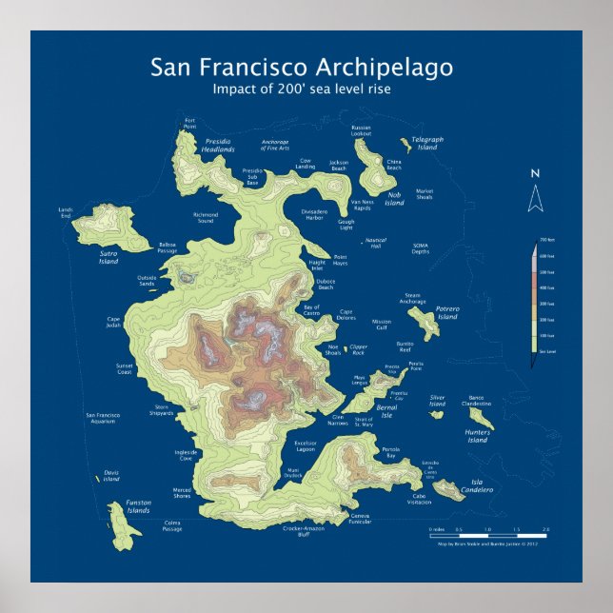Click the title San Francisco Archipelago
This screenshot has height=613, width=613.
302,69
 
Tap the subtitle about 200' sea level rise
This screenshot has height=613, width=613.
302,89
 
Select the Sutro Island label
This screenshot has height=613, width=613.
109,257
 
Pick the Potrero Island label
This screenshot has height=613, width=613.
447,312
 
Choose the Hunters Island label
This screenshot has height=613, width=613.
477,436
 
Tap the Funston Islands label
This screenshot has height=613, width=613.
138,507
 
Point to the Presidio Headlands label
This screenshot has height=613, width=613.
219,146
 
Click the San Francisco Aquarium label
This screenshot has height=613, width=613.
102,418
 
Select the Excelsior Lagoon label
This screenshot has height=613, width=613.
305,446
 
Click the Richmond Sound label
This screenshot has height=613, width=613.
206,217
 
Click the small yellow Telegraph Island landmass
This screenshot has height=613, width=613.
406,145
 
